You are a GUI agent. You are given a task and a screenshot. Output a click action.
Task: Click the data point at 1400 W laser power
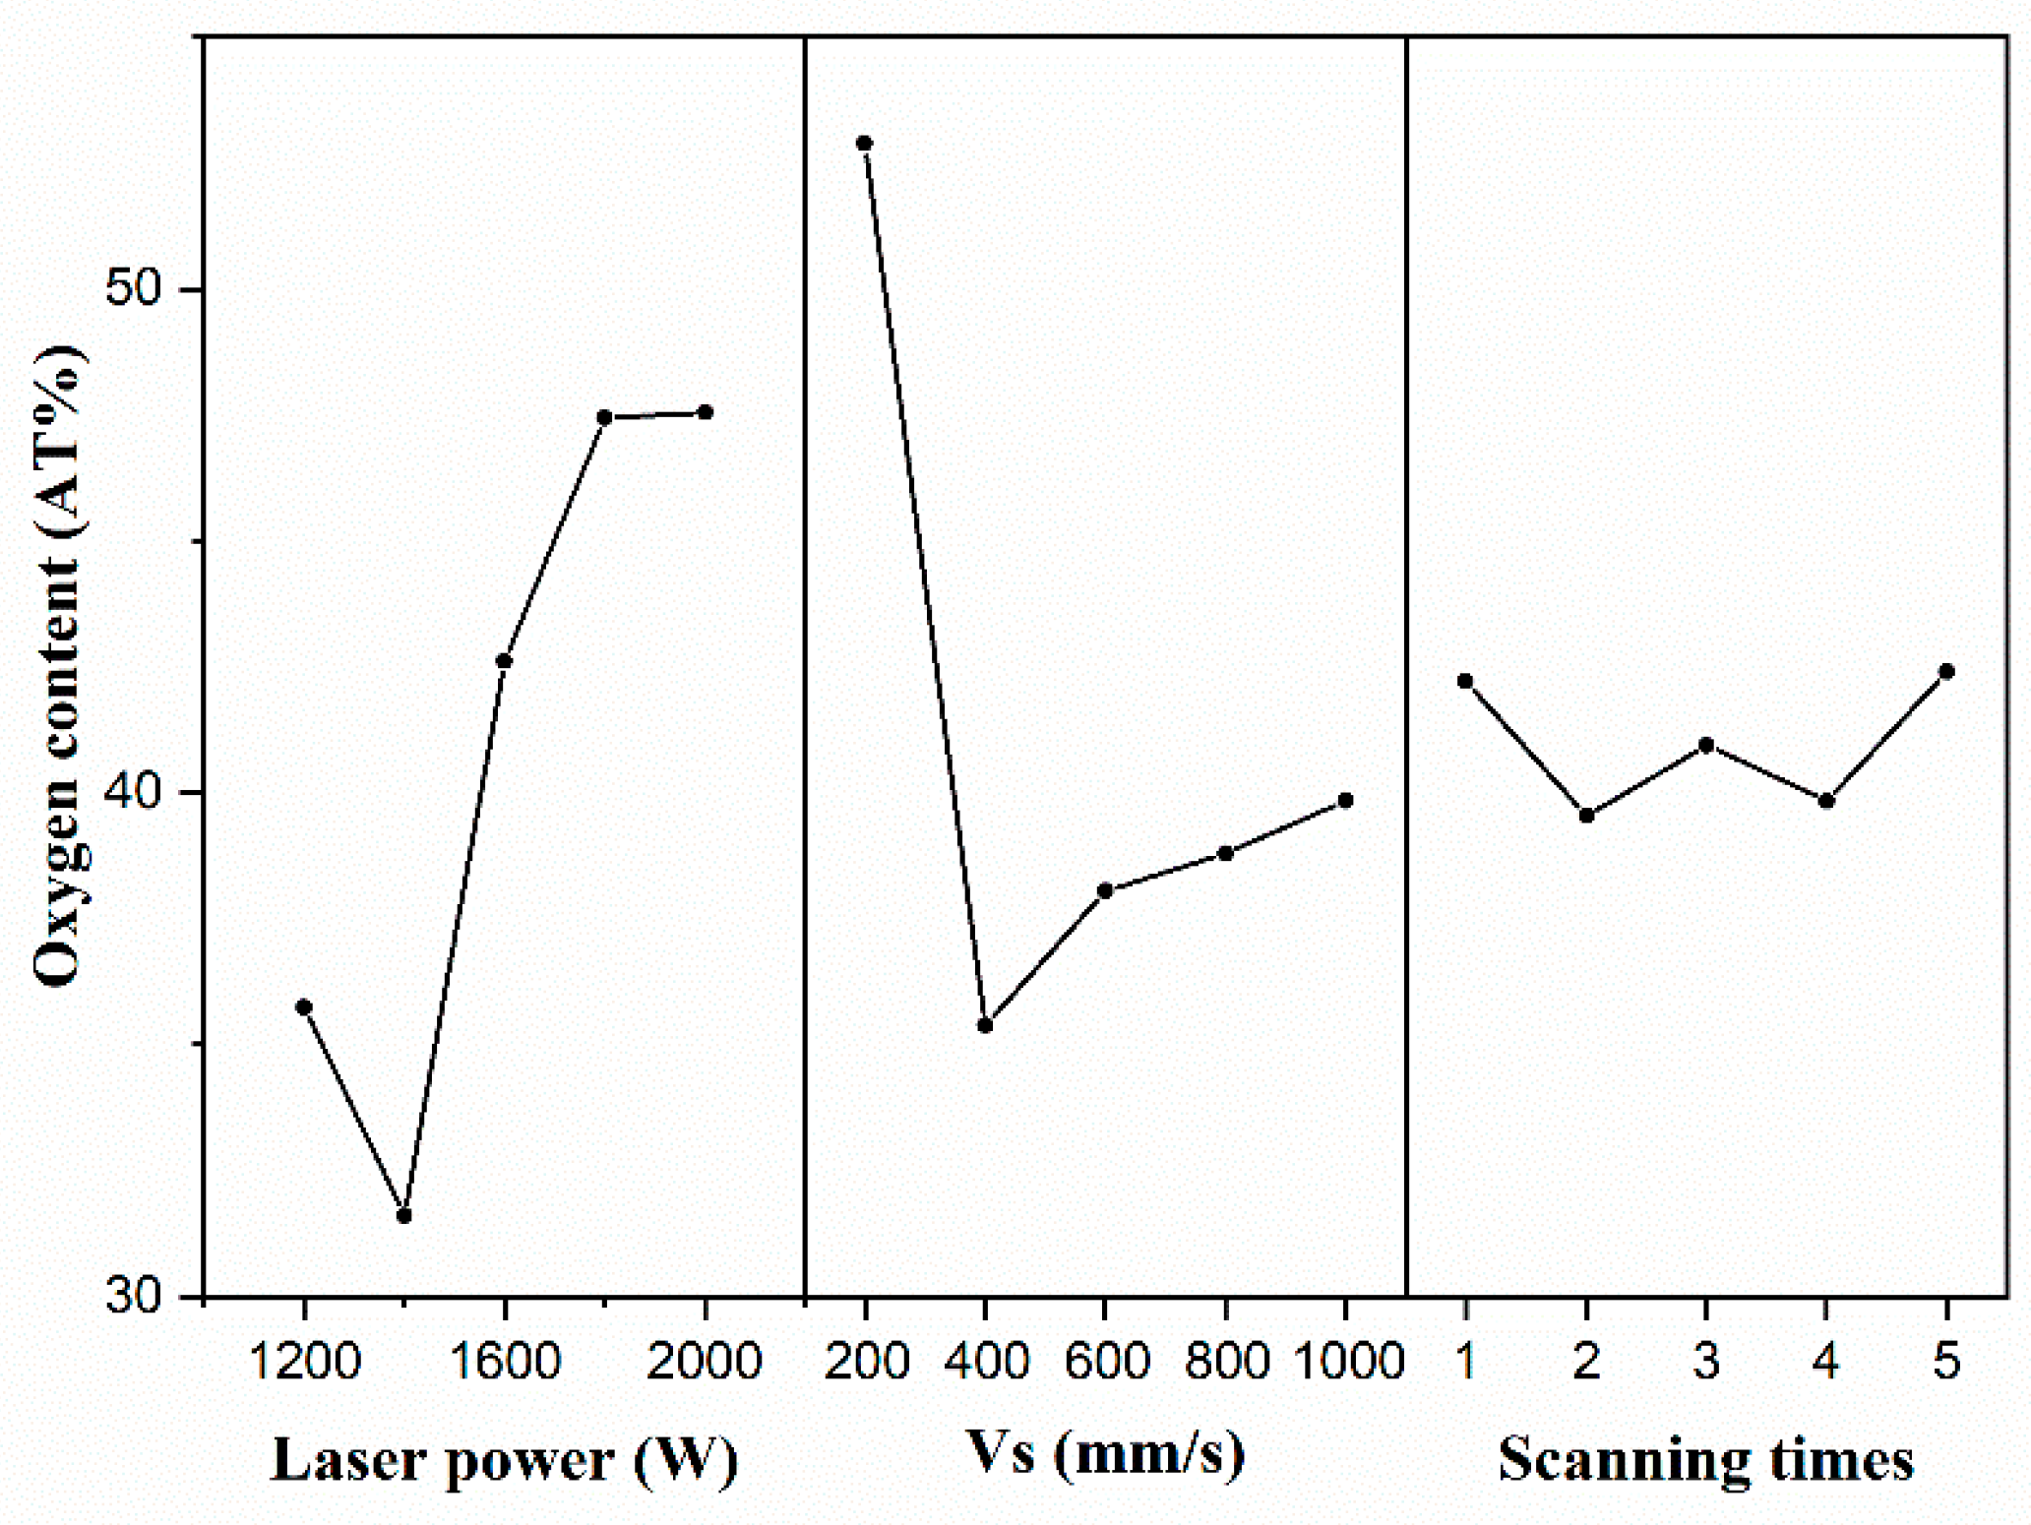(x=403, y=1216)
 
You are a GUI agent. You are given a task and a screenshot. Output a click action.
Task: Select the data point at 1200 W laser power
(x=304, y=1006)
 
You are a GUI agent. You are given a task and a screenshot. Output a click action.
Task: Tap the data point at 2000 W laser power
(x=705, y=412)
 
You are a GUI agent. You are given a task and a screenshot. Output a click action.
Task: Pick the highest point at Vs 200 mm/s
(x=864, y=144)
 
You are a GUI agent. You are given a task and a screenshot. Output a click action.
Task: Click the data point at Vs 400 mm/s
(x=985, y=1025)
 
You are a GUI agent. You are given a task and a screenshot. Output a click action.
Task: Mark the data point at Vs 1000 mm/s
(x=1345, y=801)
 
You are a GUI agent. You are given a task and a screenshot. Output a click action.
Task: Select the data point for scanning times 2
(x=1586, y=816)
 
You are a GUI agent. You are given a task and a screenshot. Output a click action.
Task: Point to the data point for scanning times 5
(x=1945, y=672)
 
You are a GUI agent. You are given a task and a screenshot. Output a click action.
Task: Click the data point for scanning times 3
(x=1706, y=746)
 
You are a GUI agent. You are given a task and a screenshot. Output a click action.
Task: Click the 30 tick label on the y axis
(x=134, y=1296)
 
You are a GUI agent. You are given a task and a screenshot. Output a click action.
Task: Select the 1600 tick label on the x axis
(x=505, y=1362)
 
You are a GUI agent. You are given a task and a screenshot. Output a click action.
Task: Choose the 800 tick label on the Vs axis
(x=1226, y=1362)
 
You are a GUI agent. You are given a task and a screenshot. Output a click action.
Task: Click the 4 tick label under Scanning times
(x=1825, y=1362)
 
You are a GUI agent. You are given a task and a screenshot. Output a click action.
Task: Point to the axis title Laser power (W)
(x=504, y=1459)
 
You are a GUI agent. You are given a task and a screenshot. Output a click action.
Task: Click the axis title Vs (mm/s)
(x=1105, y=1453)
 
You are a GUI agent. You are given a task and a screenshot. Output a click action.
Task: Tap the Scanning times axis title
(x=1705, y=1459)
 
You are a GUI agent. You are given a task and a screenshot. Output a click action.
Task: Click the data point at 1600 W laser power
(x=504, y=661)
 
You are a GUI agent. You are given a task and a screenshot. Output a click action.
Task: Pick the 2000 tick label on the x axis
(x=705, y=1362)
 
